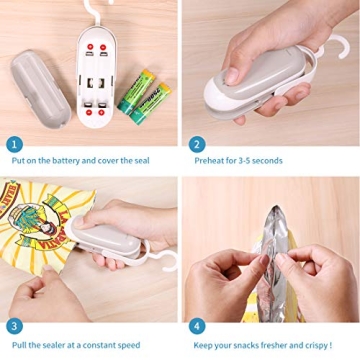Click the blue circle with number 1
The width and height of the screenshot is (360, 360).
click(x=14, y=144)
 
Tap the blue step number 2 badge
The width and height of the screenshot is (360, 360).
click(x=197, y=144)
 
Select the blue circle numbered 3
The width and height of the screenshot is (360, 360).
click(x=14, y=326)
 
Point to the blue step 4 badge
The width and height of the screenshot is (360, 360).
click(x=197, y=326)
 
